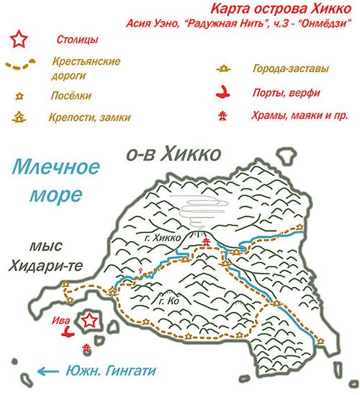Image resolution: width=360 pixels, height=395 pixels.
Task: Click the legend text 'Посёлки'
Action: tap(71, 94)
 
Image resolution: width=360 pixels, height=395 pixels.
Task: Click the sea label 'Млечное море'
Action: tap(55, 181)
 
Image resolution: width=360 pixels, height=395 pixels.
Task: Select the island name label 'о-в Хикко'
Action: tap(171, 154)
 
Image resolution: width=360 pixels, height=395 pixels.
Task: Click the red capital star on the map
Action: tap(89, 321)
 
